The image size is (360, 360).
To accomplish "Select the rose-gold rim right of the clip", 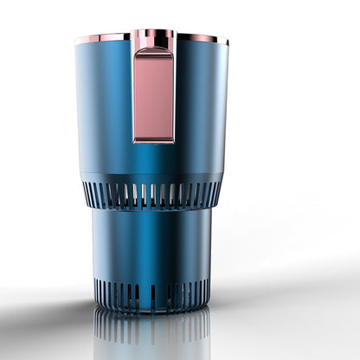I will pyautogui.click(x=201, y=38).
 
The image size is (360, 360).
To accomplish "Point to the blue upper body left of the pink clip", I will pyautogui.click(x=104, y=104).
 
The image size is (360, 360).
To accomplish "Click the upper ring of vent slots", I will pyautogui.click(x=152, y=195).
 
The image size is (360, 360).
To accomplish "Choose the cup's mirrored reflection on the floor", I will pyautogui.click(x=152, y=333).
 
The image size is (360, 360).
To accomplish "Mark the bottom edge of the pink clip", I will pyautogui.click(x=154, y=140).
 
